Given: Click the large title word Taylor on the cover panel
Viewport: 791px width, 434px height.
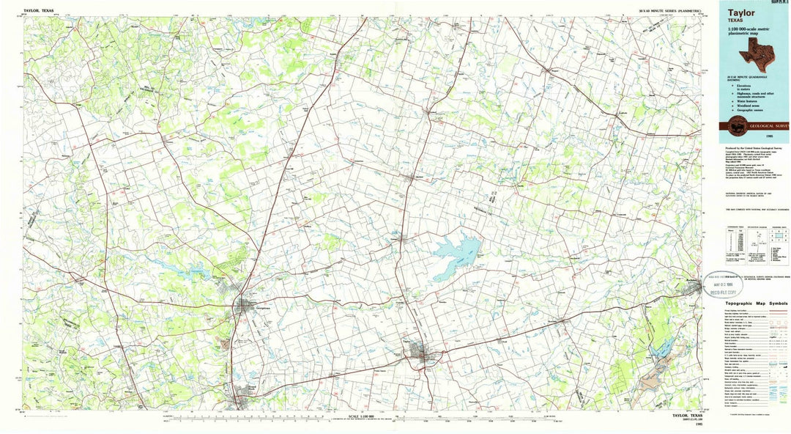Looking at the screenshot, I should point(742,12).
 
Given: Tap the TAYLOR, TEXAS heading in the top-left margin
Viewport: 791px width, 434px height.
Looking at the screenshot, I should point(38,12).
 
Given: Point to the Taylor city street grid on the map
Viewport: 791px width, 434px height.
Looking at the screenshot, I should point(420,352).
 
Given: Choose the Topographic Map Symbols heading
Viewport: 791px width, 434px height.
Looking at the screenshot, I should point(757,304).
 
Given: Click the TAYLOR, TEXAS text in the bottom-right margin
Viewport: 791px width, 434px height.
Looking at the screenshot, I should point(686,416).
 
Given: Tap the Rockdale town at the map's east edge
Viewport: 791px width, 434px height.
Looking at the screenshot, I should point(692,288).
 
